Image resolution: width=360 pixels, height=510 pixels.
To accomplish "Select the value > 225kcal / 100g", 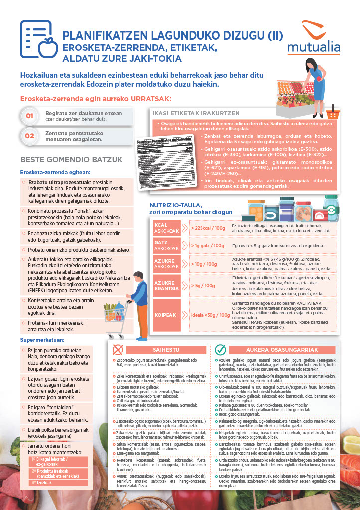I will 208,228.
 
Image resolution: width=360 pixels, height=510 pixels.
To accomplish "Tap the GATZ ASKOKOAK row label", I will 166,245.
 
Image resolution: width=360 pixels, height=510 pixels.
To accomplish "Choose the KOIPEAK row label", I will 166,315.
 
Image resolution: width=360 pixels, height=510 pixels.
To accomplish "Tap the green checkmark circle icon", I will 220,349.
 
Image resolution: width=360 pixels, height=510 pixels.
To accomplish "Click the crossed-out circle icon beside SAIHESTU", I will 119,349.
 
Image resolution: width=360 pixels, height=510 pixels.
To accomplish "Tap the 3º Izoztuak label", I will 42,483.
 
